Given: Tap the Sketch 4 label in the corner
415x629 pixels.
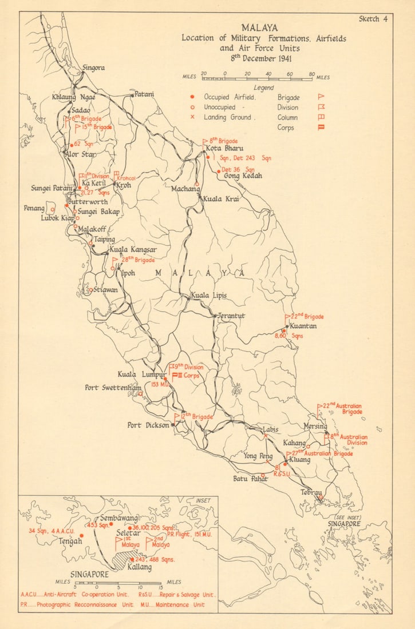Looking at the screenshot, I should point(373,19).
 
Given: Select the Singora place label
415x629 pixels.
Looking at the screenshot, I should point(94,68).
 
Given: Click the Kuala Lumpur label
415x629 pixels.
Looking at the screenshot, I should point(141,375).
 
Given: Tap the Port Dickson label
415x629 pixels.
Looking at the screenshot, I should point(148,425).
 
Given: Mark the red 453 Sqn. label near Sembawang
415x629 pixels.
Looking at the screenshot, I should point(97,524).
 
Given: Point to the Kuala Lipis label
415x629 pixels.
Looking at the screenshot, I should point(208,295).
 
